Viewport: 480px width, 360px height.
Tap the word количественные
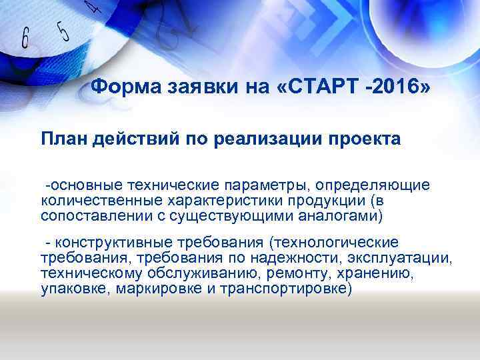click(93, 199)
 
